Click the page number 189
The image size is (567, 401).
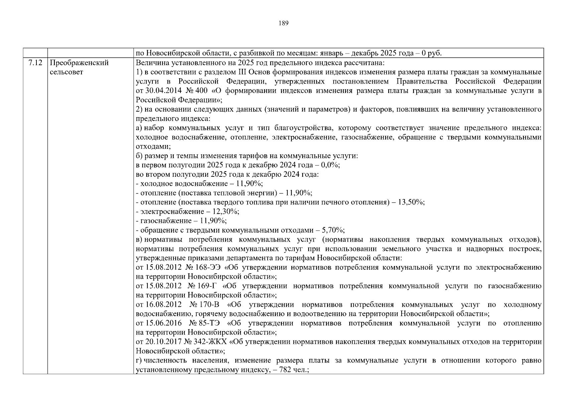tap(283, 23)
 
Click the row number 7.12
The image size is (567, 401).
tap(35, 63)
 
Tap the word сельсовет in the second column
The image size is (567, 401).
tap(66, 72)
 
